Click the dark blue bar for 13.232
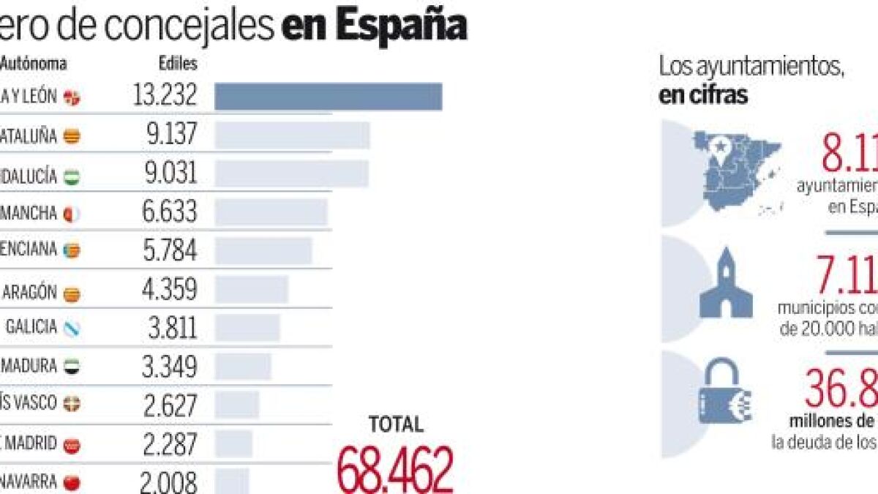coord(328,97)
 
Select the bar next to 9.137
coord(292,136)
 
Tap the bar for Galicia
coord(247,327)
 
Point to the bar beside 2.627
coord(236,404)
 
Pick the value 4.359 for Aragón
coord(169,289)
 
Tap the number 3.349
coord(169,366)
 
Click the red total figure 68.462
coord(395,469)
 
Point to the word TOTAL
coord(396,424)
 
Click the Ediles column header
coord(178,64)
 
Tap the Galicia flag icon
coord(72,329)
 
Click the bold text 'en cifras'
coord(703,96)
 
